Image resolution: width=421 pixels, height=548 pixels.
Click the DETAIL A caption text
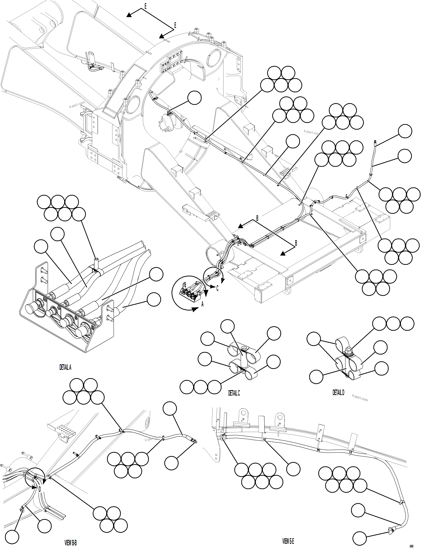[x=65, y=368]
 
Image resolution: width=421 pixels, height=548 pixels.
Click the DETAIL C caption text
[x=234, y=393]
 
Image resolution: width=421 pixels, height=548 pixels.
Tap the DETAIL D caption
[x=338, y=393]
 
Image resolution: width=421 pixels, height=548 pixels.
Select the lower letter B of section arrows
[x=296, y=243]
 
